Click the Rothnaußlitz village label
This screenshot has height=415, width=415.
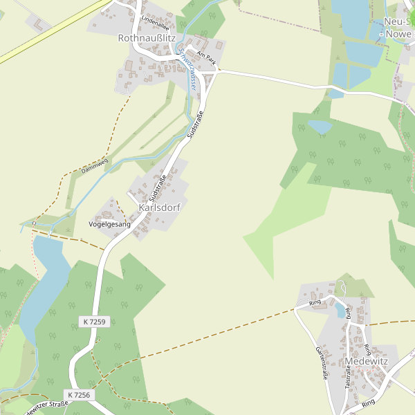pyautogui.click(x=146, y=38)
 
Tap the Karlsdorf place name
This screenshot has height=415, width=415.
pyautogui.click(x=160, y=207)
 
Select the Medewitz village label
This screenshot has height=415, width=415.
pyautogui.click(x=366, y=362)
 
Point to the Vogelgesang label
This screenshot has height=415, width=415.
pyautogui.click(x=110, y=224)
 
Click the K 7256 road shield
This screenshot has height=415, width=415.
pyautogui.click(x=79, y=394)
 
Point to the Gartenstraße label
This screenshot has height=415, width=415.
pyautogui.click(x=321, y=364)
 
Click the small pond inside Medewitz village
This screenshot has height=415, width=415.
pyautogui.click(x=340, y=310)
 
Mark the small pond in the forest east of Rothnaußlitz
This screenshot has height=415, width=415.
pyautogui.click(x=320, y=127)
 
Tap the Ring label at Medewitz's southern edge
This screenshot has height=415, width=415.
pyautogui.click(x=367, y=402)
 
